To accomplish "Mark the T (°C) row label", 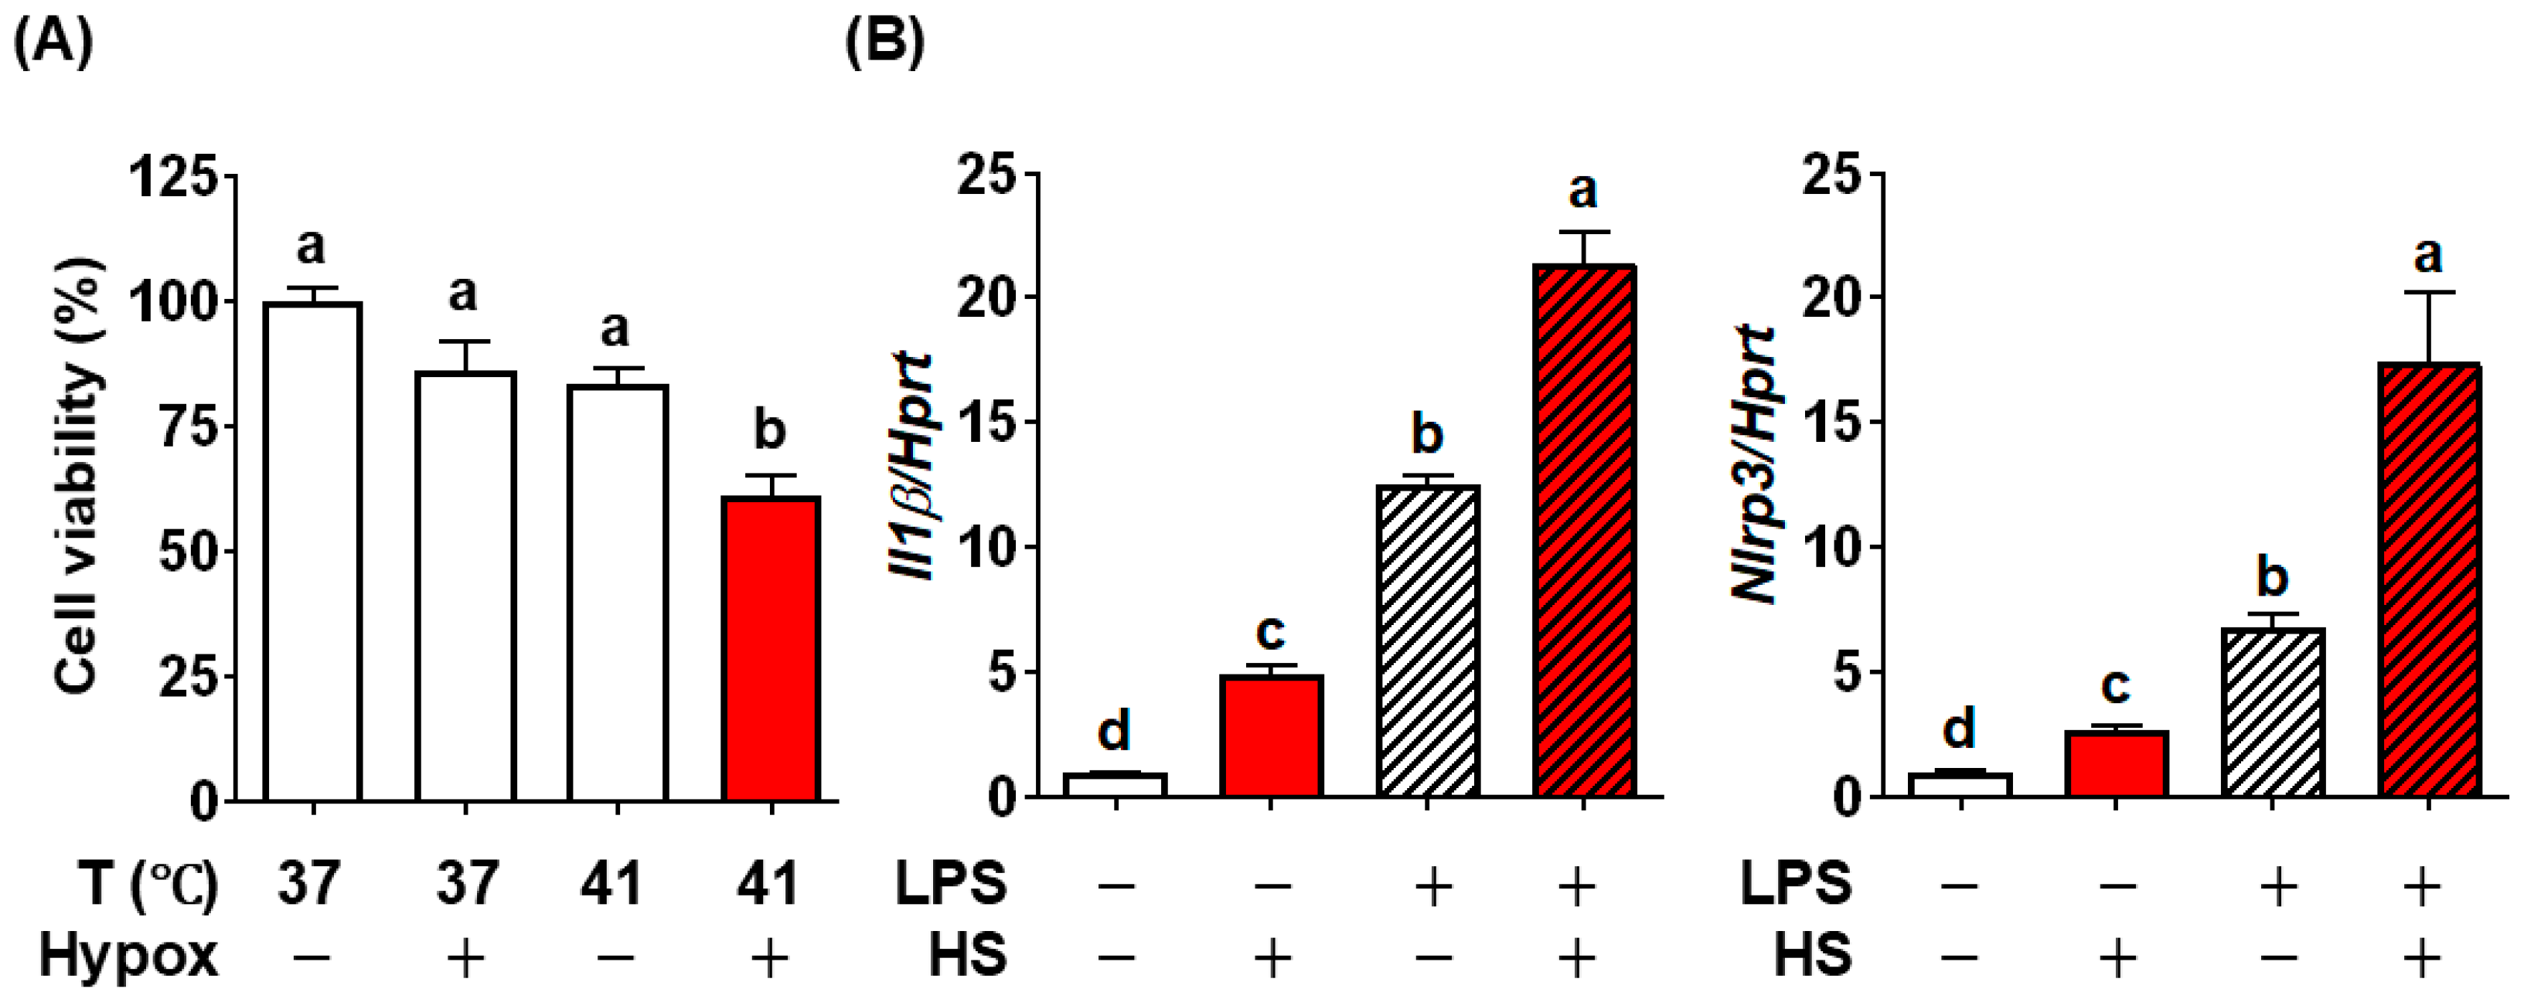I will [147, 883].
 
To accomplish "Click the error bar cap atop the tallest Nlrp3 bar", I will [2428, 292].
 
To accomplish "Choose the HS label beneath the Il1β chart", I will [968, 955].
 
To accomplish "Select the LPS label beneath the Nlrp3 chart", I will [1796, 883].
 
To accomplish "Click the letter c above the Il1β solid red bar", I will [1270, 632].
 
